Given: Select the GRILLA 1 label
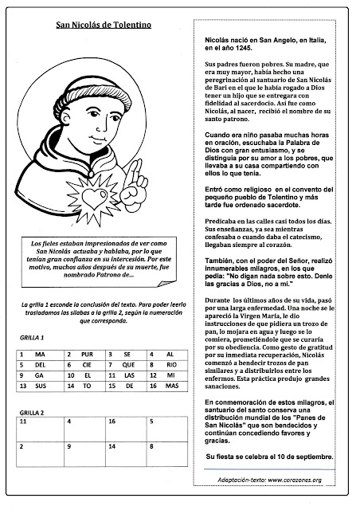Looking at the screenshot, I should (33, 338).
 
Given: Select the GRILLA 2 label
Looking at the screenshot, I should (33, 414).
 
